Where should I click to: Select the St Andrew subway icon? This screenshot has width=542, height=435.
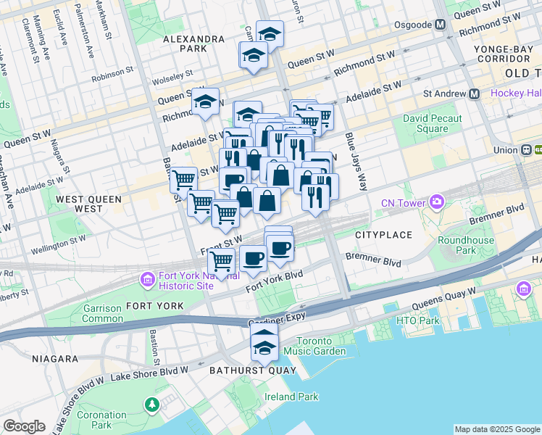(x=475, y=94)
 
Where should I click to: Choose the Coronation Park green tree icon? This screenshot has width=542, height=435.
(x=152, y=404)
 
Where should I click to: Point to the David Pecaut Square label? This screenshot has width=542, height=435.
(x=426, y=123)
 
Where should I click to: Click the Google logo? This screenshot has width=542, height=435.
(x=24, y=426)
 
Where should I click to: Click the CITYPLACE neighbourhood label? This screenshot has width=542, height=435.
(x=383, y=235)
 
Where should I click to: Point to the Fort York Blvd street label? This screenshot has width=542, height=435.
(x=274, y=283)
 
